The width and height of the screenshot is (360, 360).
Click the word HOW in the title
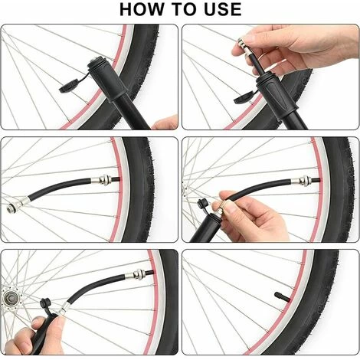(x=142, y=9)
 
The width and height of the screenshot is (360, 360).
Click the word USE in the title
(x=223, y=9)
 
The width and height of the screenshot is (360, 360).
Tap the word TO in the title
(x=184, y=9)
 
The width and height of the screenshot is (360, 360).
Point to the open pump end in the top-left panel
(x=96, y=64)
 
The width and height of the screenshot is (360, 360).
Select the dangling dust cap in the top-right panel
(x=244, y=97)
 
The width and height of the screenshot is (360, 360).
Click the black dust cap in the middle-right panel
(x=203, y=205)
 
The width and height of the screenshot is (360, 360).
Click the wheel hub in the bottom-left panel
(x=10, y=298)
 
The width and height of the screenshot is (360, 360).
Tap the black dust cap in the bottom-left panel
(x=45, y=304)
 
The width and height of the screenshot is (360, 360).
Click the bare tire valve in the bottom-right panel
(x=282, y=296)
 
